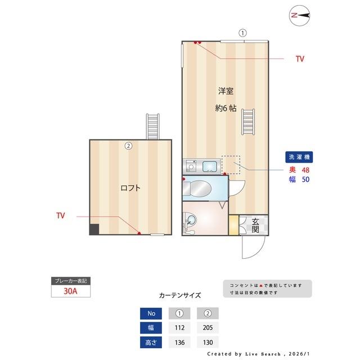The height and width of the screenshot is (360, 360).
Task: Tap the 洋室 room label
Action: (x=226, y=91)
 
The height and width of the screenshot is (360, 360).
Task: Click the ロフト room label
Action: (x=130, y=188)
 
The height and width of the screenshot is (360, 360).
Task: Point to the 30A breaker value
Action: (x=71, y=291)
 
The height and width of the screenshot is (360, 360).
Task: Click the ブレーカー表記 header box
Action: (x=70, y=281)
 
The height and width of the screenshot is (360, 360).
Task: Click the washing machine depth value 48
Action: (x=306, y=169)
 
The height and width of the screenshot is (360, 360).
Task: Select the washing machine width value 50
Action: (x=306, y=180)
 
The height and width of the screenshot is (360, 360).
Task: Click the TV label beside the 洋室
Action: (x=300, y=58)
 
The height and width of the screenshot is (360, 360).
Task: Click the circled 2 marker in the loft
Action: (x=128, y=146)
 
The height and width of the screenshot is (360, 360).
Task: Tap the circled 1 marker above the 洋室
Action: (x=242, y=33)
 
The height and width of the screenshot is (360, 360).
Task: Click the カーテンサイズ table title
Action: (x=180, y=295)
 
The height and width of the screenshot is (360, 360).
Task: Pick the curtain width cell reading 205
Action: (x=208, y=327)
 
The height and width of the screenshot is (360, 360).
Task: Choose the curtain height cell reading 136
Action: (x=180, y=342)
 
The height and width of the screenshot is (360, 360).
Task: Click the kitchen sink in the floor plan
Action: (x=209, y=166)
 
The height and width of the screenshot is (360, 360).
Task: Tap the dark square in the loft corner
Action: (x=94, y=229)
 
